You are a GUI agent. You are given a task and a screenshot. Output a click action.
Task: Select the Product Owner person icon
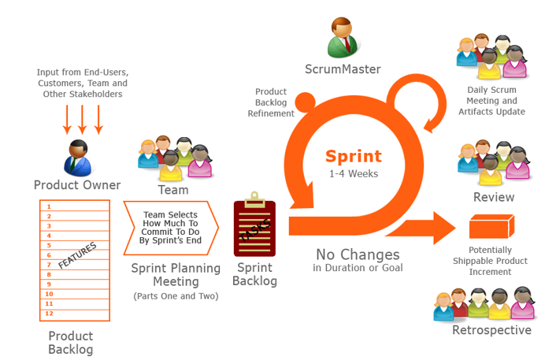coord(77,157)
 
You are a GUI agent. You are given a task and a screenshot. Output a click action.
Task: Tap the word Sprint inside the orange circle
coord(354,156)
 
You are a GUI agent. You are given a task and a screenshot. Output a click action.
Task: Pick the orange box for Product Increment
coord(490,228)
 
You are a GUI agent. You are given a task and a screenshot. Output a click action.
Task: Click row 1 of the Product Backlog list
coord(75,206)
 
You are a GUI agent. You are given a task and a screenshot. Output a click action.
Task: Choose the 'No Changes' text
coord(358,254)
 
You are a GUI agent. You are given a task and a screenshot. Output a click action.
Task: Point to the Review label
coord(493,197)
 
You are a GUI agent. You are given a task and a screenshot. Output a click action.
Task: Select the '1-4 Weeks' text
coord(354,173)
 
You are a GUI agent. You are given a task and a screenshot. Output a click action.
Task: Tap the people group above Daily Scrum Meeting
coord(491,57)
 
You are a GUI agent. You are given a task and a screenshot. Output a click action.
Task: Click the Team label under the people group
coord(173,190)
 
